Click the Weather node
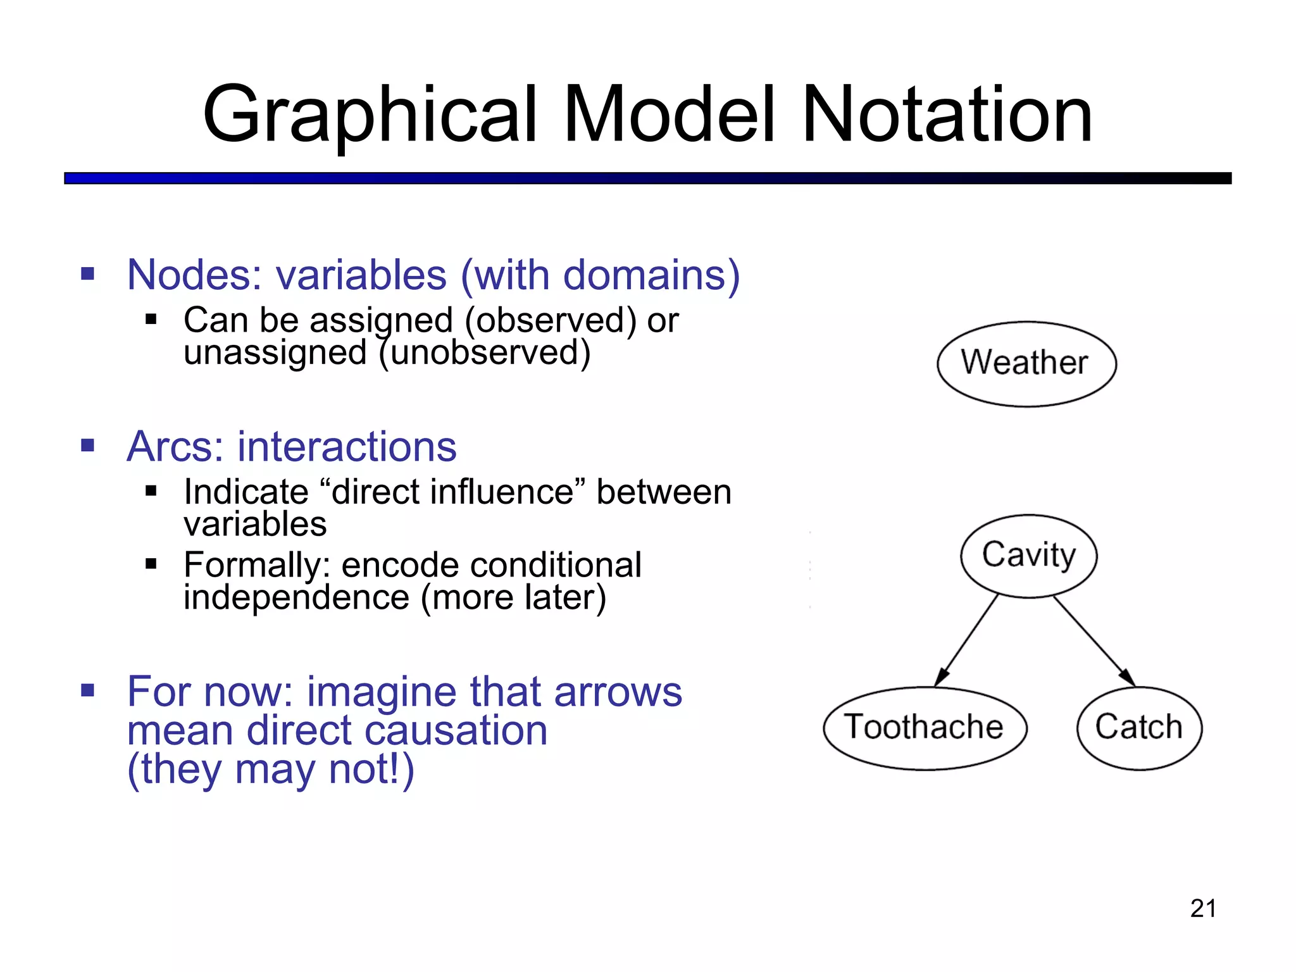click(1026, 364)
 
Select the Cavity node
click(1028, 556)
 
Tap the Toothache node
click(924, 728)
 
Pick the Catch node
click(1138, 728)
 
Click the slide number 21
click(1203, 909)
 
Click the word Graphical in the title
click(370, 115)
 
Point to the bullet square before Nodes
click(88, 275)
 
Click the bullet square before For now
click(88, 690)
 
